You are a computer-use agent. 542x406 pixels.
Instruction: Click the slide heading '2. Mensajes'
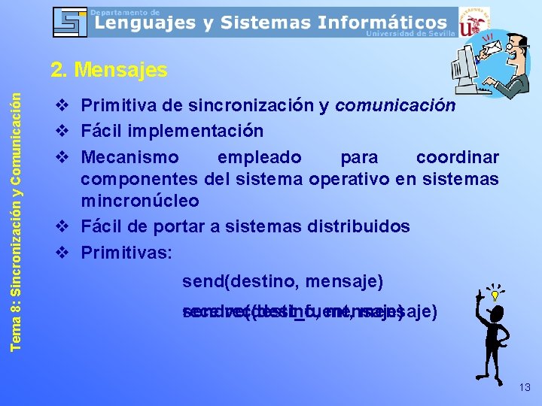click(x=108, y=71)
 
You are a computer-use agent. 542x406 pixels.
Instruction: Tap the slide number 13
click(x=524, y=387)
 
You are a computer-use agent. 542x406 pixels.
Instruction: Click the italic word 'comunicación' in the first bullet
click(x=395, y=105)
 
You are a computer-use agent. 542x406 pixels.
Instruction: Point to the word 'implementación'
click(x=200, y=131)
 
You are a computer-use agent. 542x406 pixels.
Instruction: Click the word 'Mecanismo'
click(x=129, y=157)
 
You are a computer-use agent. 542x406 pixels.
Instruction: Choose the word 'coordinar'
click(x=457, y=157)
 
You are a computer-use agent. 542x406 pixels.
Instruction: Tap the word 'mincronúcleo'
click(x=140, y=201)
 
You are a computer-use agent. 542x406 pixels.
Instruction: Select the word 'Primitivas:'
click(x=126, y=253)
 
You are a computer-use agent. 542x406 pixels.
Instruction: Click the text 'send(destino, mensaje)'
click(x=282, y=282)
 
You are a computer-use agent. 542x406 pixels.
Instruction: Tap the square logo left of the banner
click(x=70, y=23)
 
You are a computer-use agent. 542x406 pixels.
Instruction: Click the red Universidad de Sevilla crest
click(x=474, y=24)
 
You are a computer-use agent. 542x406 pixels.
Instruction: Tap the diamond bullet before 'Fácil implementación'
click(x=63, y=131)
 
